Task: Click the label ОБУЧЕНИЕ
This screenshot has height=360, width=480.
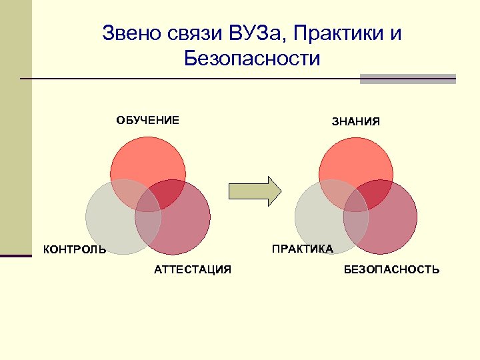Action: click(x=148, y=121)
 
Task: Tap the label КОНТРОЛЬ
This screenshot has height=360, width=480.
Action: click(x=75, y=250)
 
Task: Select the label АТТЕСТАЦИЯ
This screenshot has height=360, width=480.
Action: click(x=193, y=269)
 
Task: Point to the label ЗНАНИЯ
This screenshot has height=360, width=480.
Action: click(x=356, y=122)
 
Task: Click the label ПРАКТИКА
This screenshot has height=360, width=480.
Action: click(x=302, y=249)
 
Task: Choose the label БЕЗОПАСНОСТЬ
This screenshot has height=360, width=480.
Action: click(x=391, y=269)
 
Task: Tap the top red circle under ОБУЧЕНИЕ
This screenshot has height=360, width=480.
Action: click(x=148, y=163)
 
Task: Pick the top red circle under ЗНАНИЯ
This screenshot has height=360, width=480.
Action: click(x=356, y=163)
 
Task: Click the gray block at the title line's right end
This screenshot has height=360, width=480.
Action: click(x=407, y=79)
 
